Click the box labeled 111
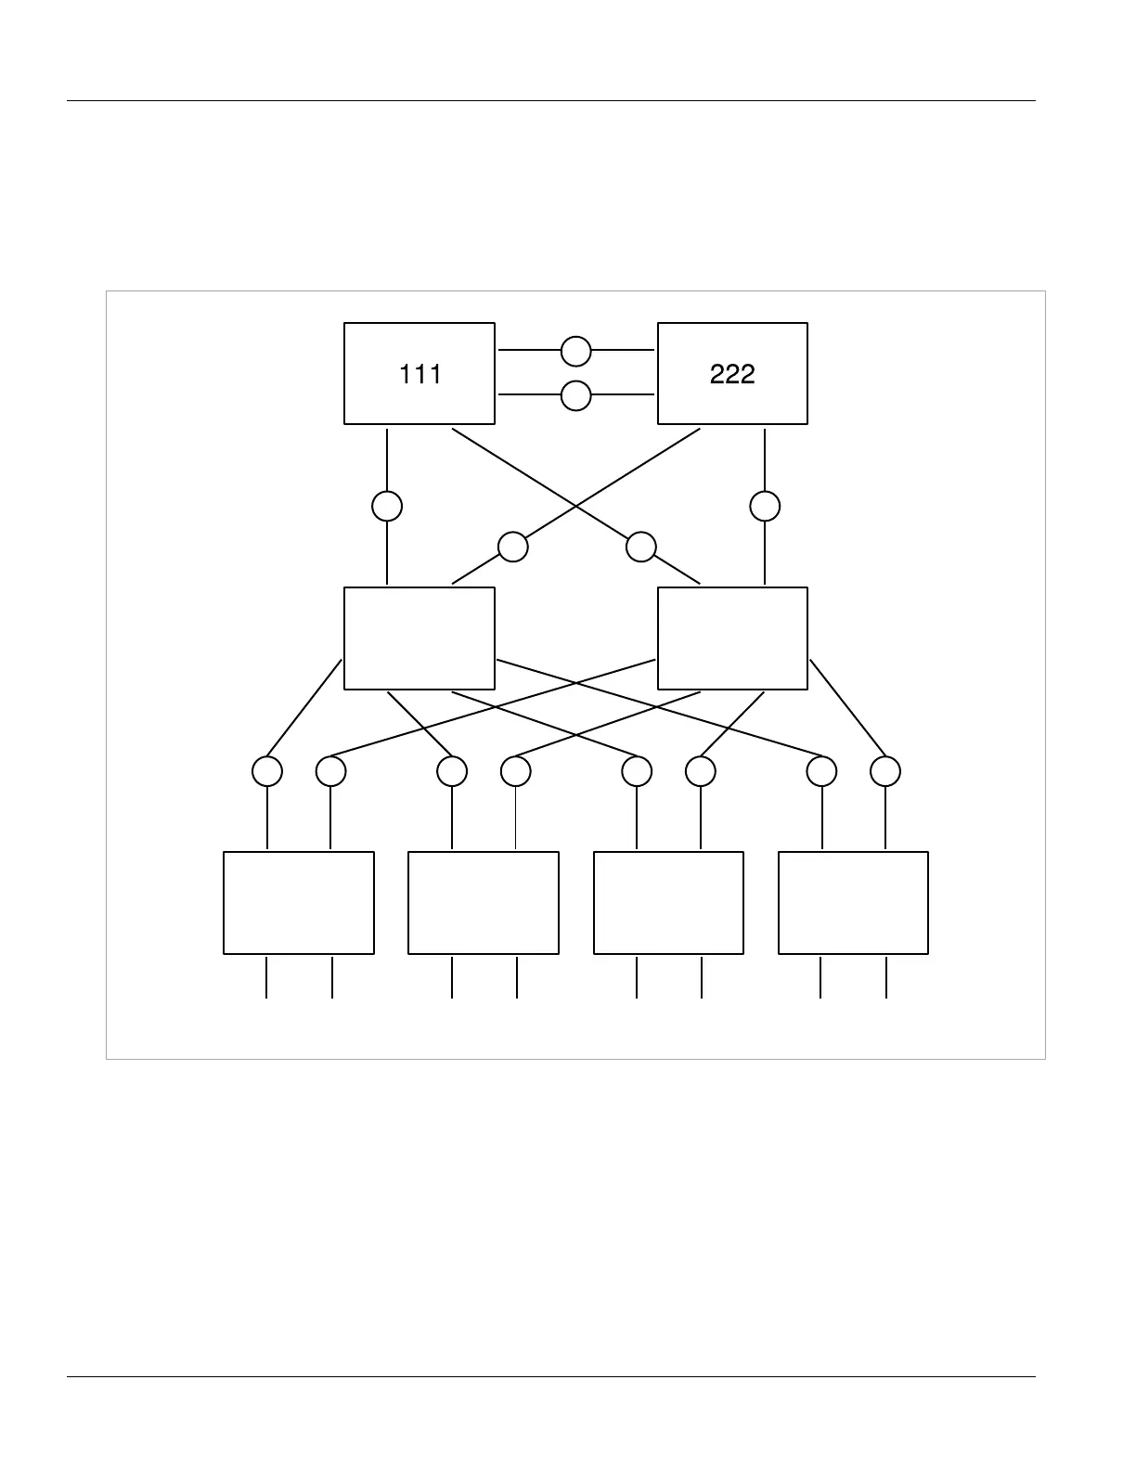pos(419,373)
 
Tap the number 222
pos(731,374)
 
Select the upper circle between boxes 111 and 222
pos(575,351)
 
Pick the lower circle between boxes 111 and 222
pos(575,395)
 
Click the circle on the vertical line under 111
pos(387,506)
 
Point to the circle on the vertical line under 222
pos(765,506)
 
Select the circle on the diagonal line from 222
pos(512,547)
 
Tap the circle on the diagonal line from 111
pos(641,547)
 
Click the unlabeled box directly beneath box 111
pos(419,638)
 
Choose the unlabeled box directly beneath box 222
pos(732,638)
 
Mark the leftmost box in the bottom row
pos(299,902)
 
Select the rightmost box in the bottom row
pos(853,902)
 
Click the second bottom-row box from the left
pos(484,902)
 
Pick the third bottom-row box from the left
pos(668,902)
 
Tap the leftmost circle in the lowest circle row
pos(267,771)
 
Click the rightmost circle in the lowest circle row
pos(885,771)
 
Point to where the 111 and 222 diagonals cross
pos(576,507)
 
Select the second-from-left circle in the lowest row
pos(331,771)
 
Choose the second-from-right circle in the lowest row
pos(821,771)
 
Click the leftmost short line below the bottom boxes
pos(266,977)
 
